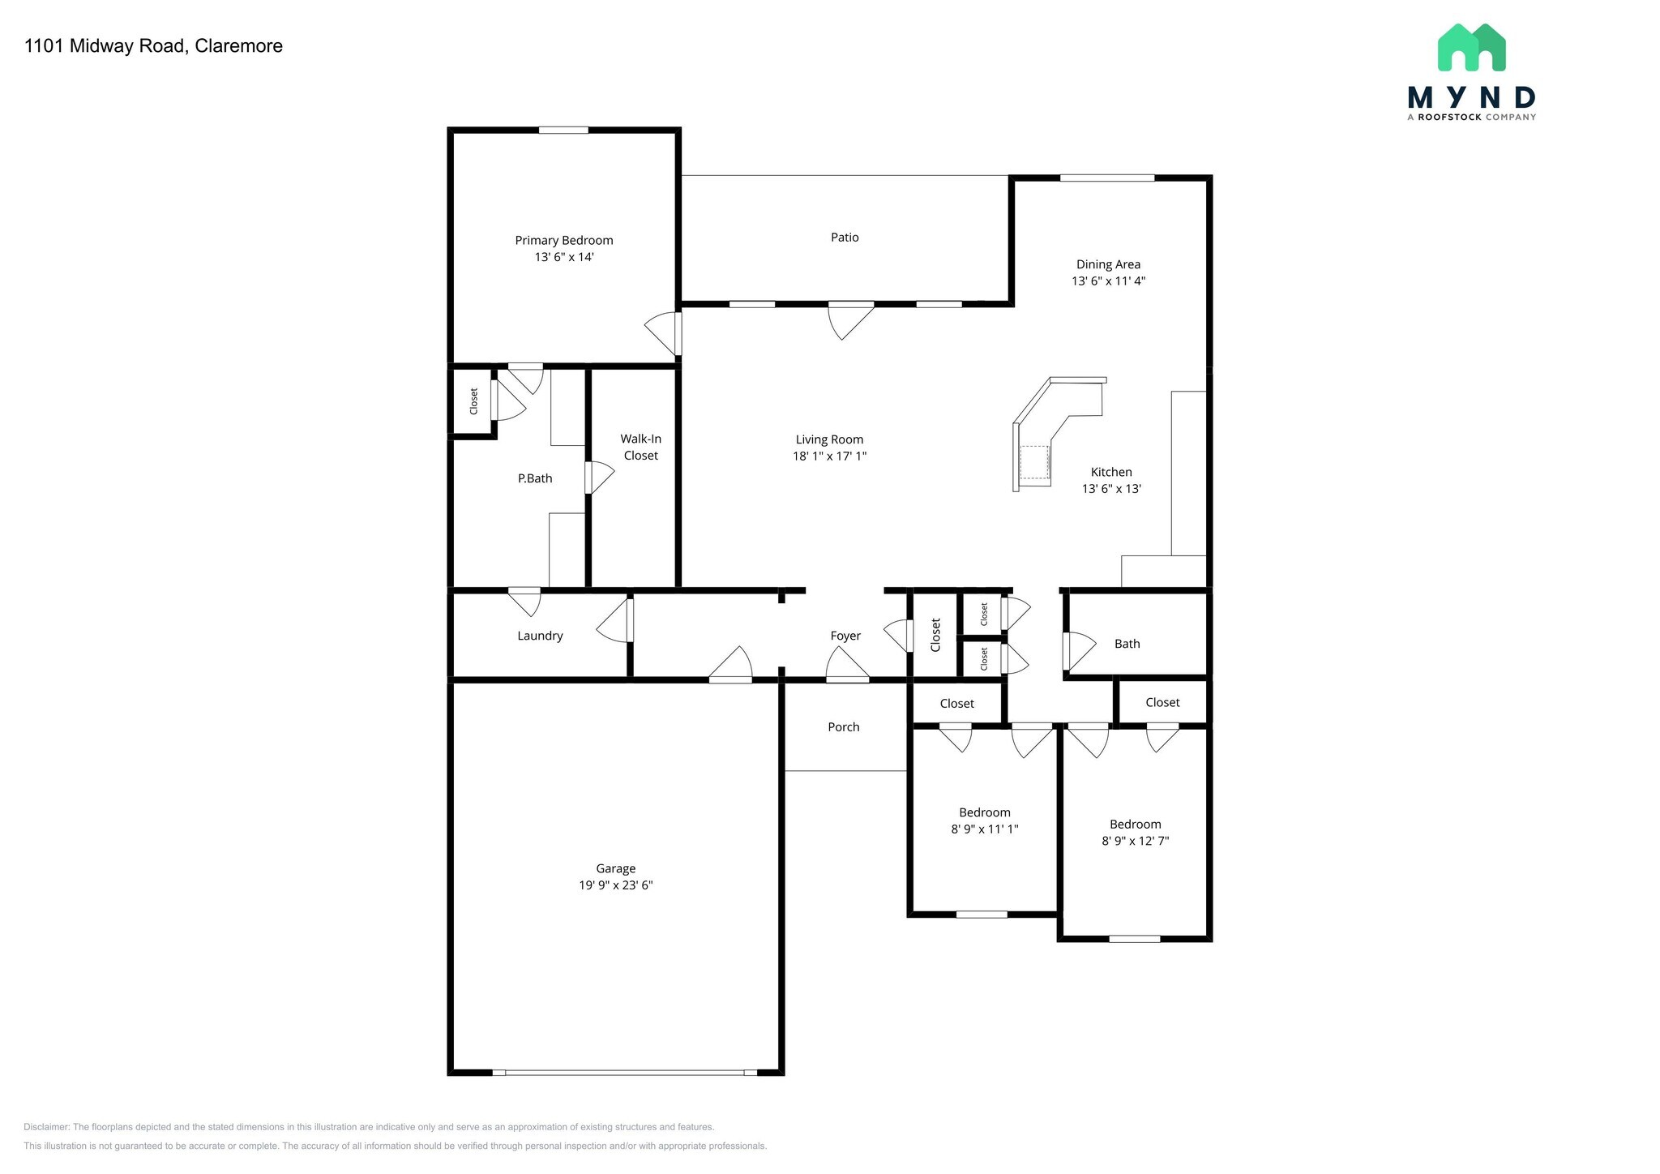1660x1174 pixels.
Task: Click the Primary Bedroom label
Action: (564, 240)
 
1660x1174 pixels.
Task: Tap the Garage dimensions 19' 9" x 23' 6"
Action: (616, 885)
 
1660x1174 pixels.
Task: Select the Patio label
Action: (845, 238)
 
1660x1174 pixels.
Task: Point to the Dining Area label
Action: (1108, 264)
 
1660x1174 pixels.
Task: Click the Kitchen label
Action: (1111, 472)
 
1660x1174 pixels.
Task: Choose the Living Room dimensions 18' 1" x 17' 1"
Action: (830, 456)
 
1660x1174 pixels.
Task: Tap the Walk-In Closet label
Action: (641, 447)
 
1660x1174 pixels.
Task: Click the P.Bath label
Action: (535, 478)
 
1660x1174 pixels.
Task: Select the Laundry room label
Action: (540, 636)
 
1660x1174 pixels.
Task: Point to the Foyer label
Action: (845, 636)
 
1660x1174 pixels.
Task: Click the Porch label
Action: (844, 727)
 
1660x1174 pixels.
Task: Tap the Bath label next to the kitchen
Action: (1127, 644)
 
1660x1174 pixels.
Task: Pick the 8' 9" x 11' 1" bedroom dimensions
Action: (985, 829)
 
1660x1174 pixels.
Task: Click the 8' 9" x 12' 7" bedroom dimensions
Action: (1136, 842)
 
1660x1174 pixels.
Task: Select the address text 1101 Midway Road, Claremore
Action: (154, 46)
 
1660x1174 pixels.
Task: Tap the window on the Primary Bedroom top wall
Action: (564, 130)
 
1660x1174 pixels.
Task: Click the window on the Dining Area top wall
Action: (1107, 178)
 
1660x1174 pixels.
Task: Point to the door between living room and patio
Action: (851, 319)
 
